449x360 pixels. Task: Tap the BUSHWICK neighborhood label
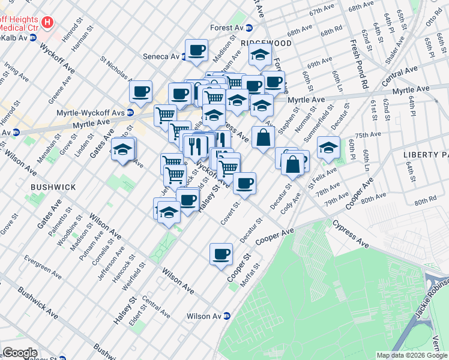[53, 187]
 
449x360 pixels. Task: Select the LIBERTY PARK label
[426, 154]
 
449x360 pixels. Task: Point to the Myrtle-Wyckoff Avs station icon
[130, 112]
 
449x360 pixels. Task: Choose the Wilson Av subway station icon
[227, 316]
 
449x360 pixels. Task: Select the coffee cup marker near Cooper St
[221, 253]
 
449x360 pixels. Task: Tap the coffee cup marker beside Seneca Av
[196, 50]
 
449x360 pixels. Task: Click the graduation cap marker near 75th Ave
[328, 146]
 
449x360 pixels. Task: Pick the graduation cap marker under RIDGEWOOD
[259, 55]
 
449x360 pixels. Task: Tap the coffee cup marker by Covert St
[244, 183]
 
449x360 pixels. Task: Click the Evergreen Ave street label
[42, 268]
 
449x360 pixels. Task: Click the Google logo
[20, 353]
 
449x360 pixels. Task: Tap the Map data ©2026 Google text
[412, 355]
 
